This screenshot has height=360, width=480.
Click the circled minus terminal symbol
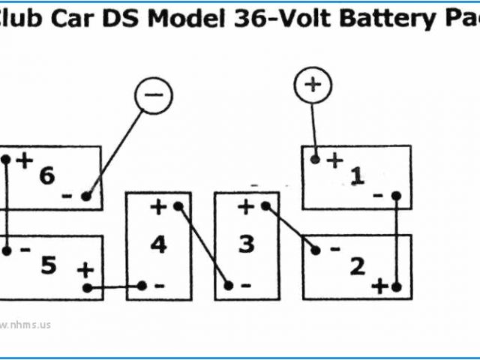coord(153,95)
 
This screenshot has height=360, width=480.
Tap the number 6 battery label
coord(46,176)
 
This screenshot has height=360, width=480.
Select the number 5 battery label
coord(48,265)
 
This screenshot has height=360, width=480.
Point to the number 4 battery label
coord(158,244)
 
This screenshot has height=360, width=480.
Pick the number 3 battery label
coord(246,244)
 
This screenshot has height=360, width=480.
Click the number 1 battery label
coord(357,176)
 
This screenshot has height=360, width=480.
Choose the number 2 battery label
coord(357,265)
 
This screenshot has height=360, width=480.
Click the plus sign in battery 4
coord(158,206)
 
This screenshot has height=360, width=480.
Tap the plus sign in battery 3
coord(246,206)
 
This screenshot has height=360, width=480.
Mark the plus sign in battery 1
coord(334,160)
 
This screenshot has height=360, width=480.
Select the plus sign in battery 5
coord(85,269)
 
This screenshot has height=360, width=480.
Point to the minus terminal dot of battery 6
coord(87,196)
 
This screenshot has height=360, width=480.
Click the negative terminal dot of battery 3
coord(229,286)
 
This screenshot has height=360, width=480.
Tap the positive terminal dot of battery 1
coord(316,160)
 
